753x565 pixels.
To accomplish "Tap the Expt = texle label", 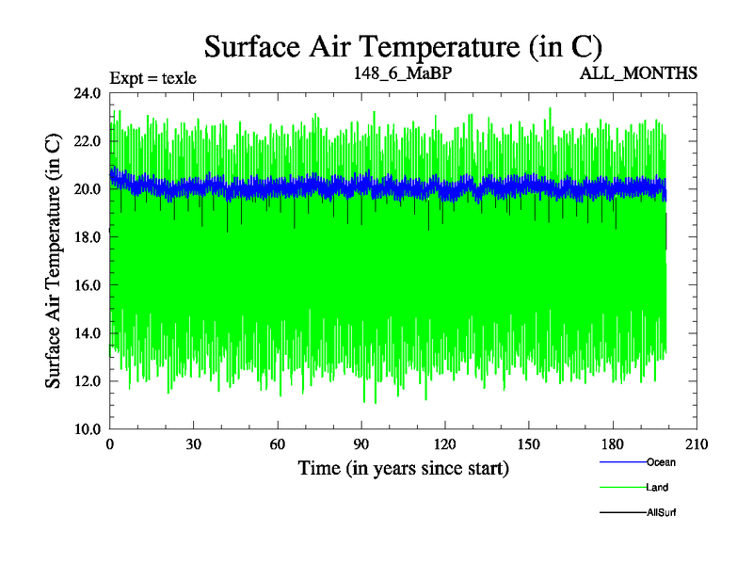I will [x=152, y=78].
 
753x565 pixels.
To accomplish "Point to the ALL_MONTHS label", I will [x=638, y=73].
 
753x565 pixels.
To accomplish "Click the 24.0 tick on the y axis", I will [x=88, y=93].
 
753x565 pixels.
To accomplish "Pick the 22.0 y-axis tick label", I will [x=88, y=141].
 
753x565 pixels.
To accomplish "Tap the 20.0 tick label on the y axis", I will [x=88, y=189].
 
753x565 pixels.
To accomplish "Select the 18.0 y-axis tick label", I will [x=88, y=237].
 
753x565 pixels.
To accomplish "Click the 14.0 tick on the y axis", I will [x=88, y=333].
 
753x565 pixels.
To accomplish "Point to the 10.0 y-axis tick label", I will [x=88, y=428].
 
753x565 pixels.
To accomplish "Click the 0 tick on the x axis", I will [x=110, y=444].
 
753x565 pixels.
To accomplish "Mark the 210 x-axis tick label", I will [x=697, y=444].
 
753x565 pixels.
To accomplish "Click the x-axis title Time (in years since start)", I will [x=403, y=467].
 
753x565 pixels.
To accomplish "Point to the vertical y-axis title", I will [x=55, y=261].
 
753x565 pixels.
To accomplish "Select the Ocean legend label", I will [x=661, y=462].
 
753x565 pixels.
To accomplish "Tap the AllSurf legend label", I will [x=662, y=513].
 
